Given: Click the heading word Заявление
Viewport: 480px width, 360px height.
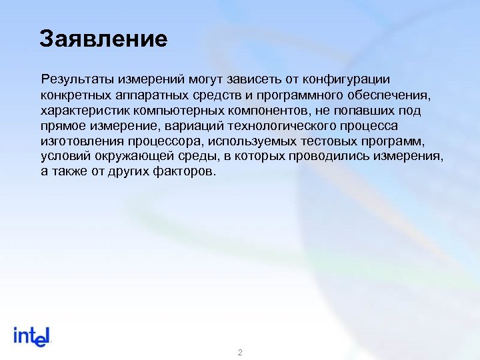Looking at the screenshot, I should [x=103, y=39].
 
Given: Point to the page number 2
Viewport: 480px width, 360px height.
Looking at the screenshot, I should [x=240, y=351].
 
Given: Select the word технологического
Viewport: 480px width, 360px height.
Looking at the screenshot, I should [x=291, y=126].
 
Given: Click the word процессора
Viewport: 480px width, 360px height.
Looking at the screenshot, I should [x=169, y=141].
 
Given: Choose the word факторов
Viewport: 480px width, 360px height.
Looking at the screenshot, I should [x=187, y=172].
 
